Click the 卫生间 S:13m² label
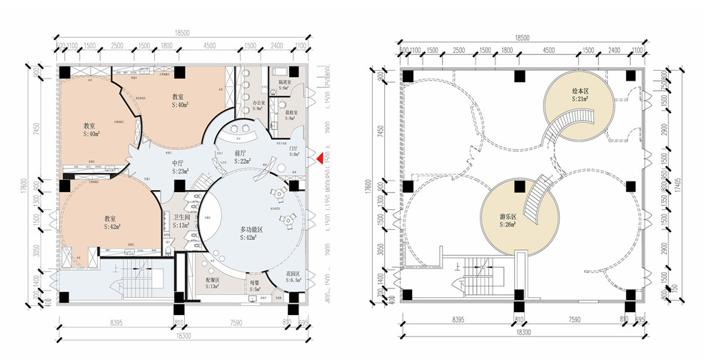pos(181,221)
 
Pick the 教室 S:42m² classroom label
pos(111,221)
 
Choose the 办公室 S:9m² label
pos(258,106)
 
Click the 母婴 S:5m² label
pos(254,286)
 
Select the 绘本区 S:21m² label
pos(580,95)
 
